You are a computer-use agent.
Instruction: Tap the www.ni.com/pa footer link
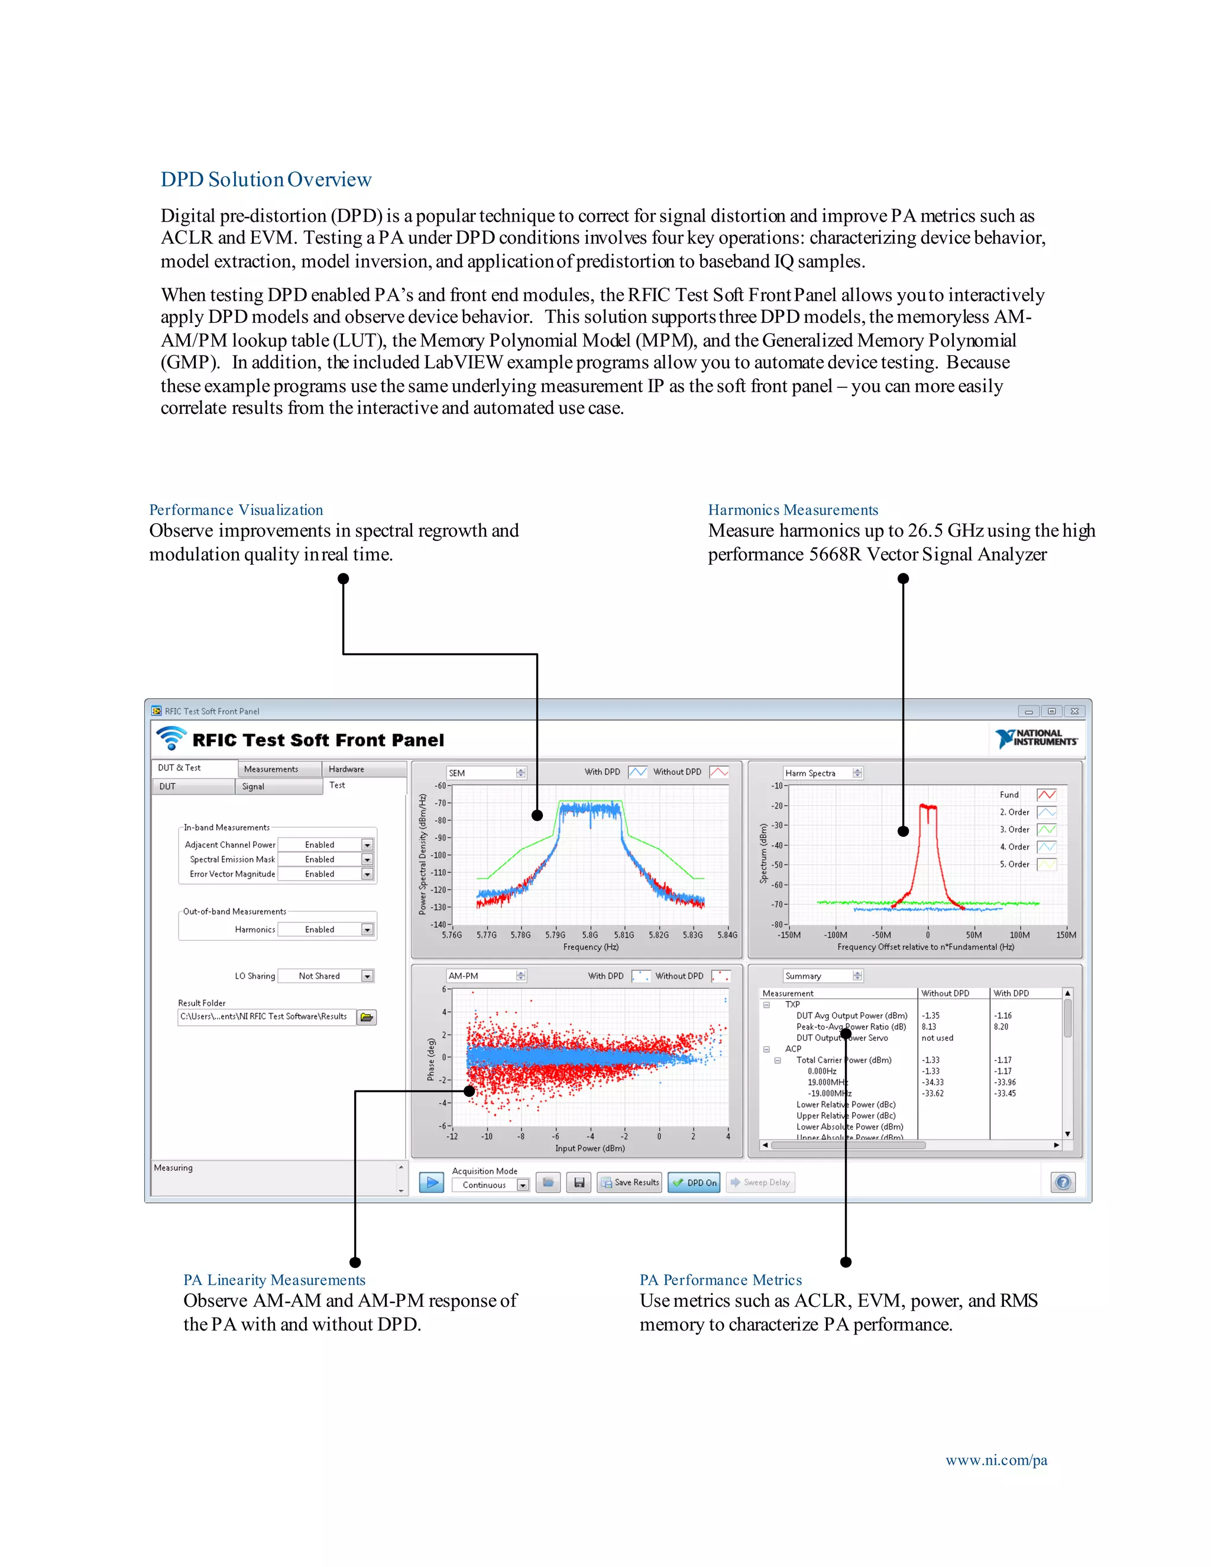tap(996, 1460)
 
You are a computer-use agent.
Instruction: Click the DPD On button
tap(694, 1183)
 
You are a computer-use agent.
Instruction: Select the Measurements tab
tap(271, 769)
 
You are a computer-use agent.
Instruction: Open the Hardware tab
tap(347, 769)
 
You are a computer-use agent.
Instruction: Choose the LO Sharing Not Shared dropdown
tap(326, 976)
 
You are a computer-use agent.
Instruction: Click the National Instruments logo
tap(1036, 739)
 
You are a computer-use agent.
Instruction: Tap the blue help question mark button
tap(1063, 1183)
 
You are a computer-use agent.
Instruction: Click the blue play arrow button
tap(431, 1183)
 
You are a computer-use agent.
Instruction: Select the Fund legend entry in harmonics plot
tap(1009, 795)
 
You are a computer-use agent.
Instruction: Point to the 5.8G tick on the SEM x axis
tap(590, 935)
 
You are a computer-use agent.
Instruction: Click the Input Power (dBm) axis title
tap(590, 1148)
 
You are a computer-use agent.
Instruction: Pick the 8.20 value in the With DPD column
tap(1001, 1027)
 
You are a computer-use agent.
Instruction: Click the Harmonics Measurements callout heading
tap(793, 510)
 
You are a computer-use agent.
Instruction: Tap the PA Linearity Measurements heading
tap(274, 1280)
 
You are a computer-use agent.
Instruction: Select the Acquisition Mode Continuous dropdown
tap(491, 1185)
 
